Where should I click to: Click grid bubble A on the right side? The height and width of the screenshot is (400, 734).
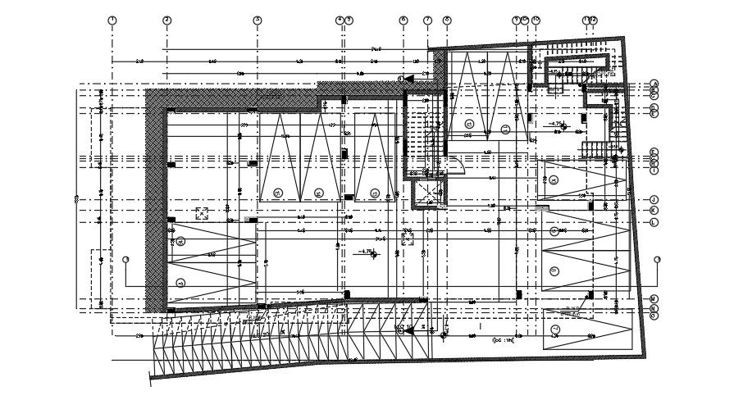pyautogui.click(x=654, y=84)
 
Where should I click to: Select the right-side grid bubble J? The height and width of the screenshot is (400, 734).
pyautogui.click(x=654, y=199)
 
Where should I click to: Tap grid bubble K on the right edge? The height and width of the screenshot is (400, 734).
pyautogui.click(x=654, y=211)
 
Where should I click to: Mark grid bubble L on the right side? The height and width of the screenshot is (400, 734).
pyautogui.click(x=654, y=222)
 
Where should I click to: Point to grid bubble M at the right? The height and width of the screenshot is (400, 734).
pyautogui.click(x=654, y=298)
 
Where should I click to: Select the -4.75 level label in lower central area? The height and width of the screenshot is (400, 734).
pyautogui.click(x=367, y=252)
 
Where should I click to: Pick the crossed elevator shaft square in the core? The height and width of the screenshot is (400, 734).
pyautogui.click(x=426, y=192)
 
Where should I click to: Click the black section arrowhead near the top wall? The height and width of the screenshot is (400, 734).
pyautogui.click(x=408, y=79)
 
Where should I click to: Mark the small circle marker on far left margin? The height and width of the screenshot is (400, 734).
pyautogui.click(x=125, y=260)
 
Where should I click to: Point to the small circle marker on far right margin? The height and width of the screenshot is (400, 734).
pyautogui.click(x=658, y=260)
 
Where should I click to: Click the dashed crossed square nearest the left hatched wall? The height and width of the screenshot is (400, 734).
pyautogui.click(x=201, y=213)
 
